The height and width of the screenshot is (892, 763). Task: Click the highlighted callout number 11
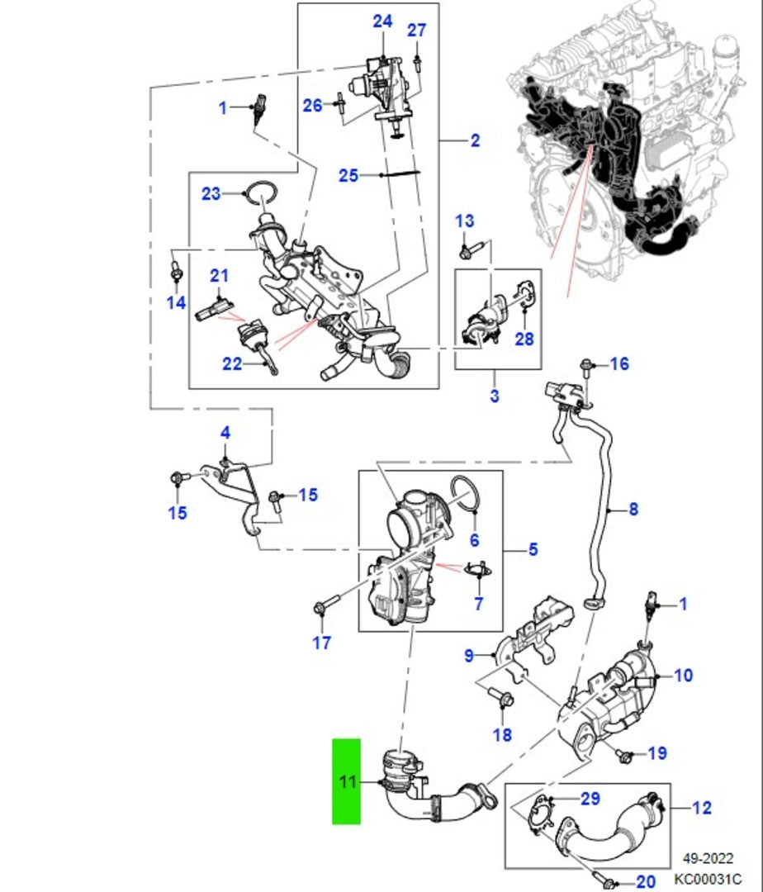(x=347, y=780)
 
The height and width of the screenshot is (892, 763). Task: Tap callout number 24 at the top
(x=382, y=21)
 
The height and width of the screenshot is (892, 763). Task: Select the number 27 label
(x=416, y=31)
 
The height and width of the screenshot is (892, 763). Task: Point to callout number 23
(x=212, y=194)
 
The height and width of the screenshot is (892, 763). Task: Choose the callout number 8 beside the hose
(x=633, y=510)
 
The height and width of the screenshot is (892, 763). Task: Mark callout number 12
(x=701, y=808)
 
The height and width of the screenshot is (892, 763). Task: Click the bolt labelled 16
(x=588, y=365)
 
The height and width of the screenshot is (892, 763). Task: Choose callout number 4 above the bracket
(x=225, y=433)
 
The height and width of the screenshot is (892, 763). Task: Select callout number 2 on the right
(x=475, y=140)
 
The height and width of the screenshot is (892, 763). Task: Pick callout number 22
(x=232, y=363)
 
